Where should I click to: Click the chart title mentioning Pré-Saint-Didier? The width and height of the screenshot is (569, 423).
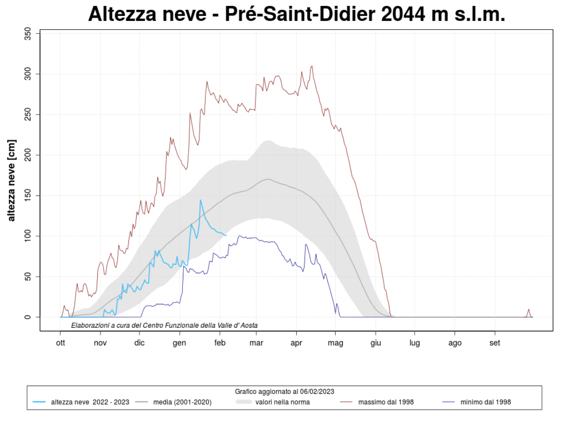pyautogui.click(x=297, y=14)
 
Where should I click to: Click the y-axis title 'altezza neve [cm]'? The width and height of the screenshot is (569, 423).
pyautogui.click(x=12, y=180)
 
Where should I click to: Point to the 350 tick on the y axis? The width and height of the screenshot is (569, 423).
pyautogui.click(x=29, y=34)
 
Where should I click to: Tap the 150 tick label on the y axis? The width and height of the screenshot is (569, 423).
pyautogui.click(x=29, y=195)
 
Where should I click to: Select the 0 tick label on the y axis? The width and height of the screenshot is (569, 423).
pyautogui.click(x=29, y=317)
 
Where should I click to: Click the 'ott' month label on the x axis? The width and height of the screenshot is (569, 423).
pyautogui.click(x=60, y=343)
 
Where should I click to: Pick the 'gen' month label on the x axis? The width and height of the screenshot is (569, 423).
pyautogui.click(x=180, y=343)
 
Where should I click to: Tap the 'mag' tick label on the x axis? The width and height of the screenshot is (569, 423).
pyautogui.click(x=336, y=343)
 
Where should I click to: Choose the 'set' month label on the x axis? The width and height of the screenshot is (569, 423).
pyautogui.click(x=495, y=343)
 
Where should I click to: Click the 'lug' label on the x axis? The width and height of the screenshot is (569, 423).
pyautogui.click(x=415, y=343)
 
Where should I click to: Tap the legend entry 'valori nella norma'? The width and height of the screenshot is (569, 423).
pyautogui.click(x=283, y=402)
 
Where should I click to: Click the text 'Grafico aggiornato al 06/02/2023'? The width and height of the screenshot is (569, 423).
pyautogui.click(x=284, y=391)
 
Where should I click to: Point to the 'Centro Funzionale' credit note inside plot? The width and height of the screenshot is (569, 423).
pyautogui.click(x=164, y=325)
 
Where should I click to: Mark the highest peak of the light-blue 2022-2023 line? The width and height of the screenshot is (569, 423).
pyautogui.click(x=200, y=200)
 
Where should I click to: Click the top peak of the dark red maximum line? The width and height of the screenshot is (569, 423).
pyautogui.click(x=312, y=66)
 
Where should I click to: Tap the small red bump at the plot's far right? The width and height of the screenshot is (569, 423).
pyautogui.click(x=529, y=309)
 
